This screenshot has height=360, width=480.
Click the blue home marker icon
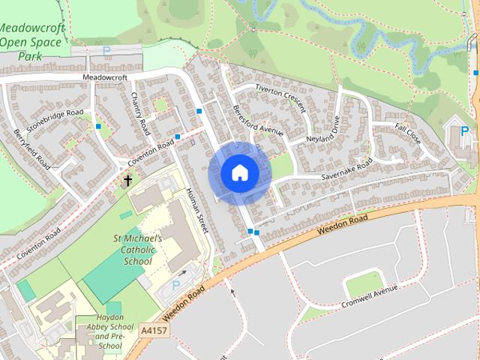coord(239,173)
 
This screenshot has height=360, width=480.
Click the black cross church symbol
coord(127,180)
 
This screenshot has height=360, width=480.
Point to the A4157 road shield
coord(153,329)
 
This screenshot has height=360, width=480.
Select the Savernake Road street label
coord(347,172)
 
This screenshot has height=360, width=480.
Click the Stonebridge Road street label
coord(55,122)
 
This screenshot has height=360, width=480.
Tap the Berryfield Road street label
coord(31,149)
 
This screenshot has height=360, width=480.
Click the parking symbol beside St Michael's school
coord(176,285)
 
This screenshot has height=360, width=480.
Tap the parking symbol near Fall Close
coord(465,131)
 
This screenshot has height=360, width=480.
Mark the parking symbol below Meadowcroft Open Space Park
coord(106,52)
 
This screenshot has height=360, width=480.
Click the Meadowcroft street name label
coord(105,76)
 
